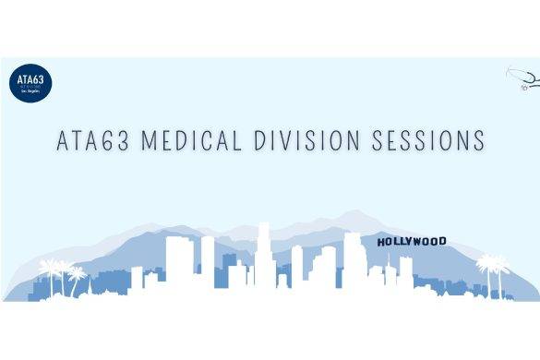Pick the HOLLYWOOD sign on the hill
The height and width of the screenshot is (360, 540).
coord(412,242)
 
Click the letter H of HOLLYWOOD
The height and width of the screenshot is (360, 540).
coord(381,243)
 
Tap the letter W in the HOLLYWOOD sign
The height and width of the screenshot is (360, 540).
coord(418,242)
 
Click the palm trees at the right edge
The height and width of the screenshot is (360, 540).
coord(492,272)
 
